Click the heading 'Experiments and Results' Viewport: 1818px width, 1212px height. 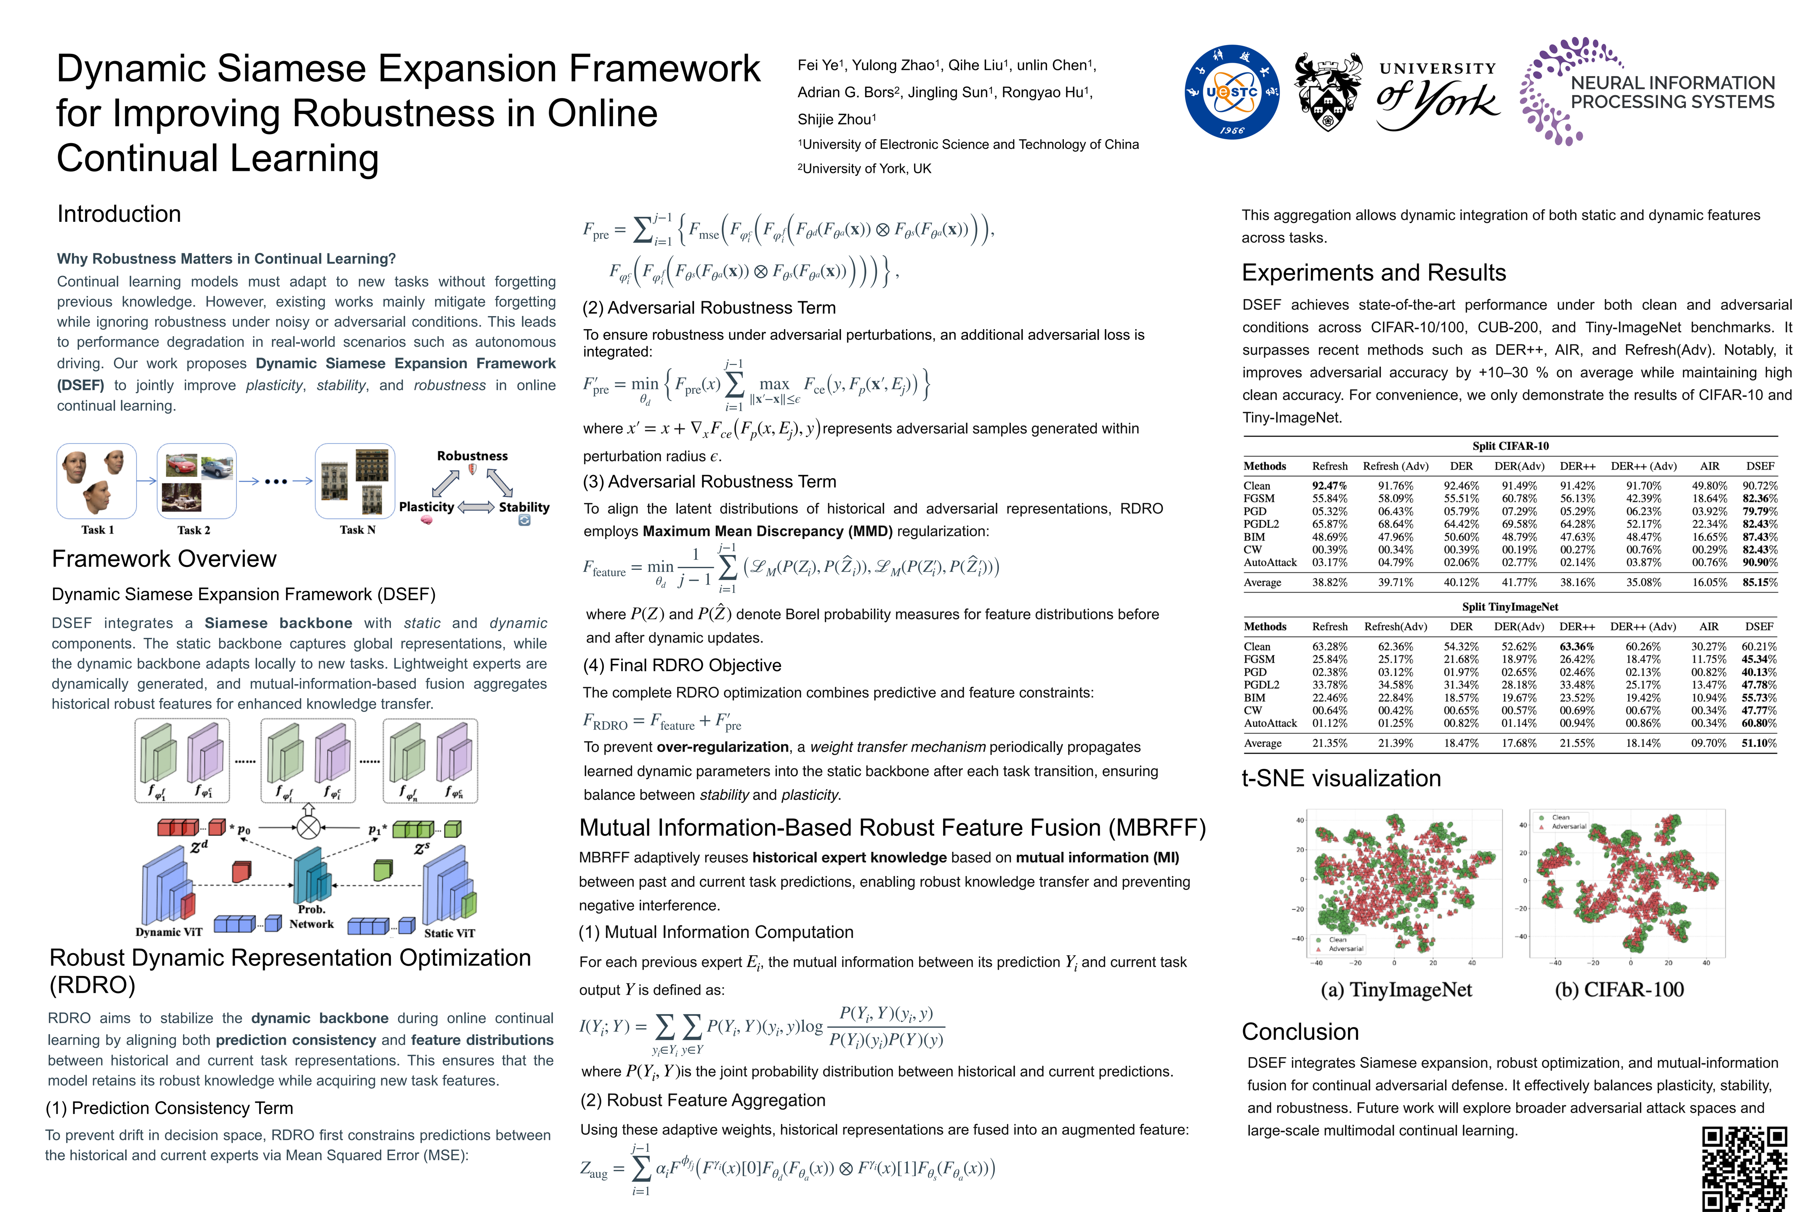coord(1374,273)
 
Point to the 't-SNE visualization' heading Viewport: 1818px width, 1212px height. coord(1341,779)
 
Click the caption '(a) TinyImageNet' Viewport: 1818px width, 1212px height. coord(1396,990)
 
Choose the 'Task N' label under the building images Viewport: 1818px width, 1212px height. coord(357,530)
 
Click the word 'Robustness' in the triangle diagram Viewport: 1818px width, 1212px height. coord(472,456)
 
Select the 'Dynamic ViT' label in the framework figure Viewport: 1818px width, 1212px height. coord(168,932)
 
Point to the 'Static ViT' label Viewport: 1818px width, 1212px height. coord(449,933)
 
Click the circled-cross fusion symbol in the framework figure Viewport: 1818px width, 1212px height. coord(308,828)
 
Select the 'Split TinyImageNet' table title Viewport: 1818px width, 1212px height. coord(1510,607)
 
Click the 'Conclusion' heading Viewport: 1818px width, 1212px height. coord(1300,1032)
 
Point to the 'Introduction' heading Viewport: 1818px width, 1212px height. coord(119,214)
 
